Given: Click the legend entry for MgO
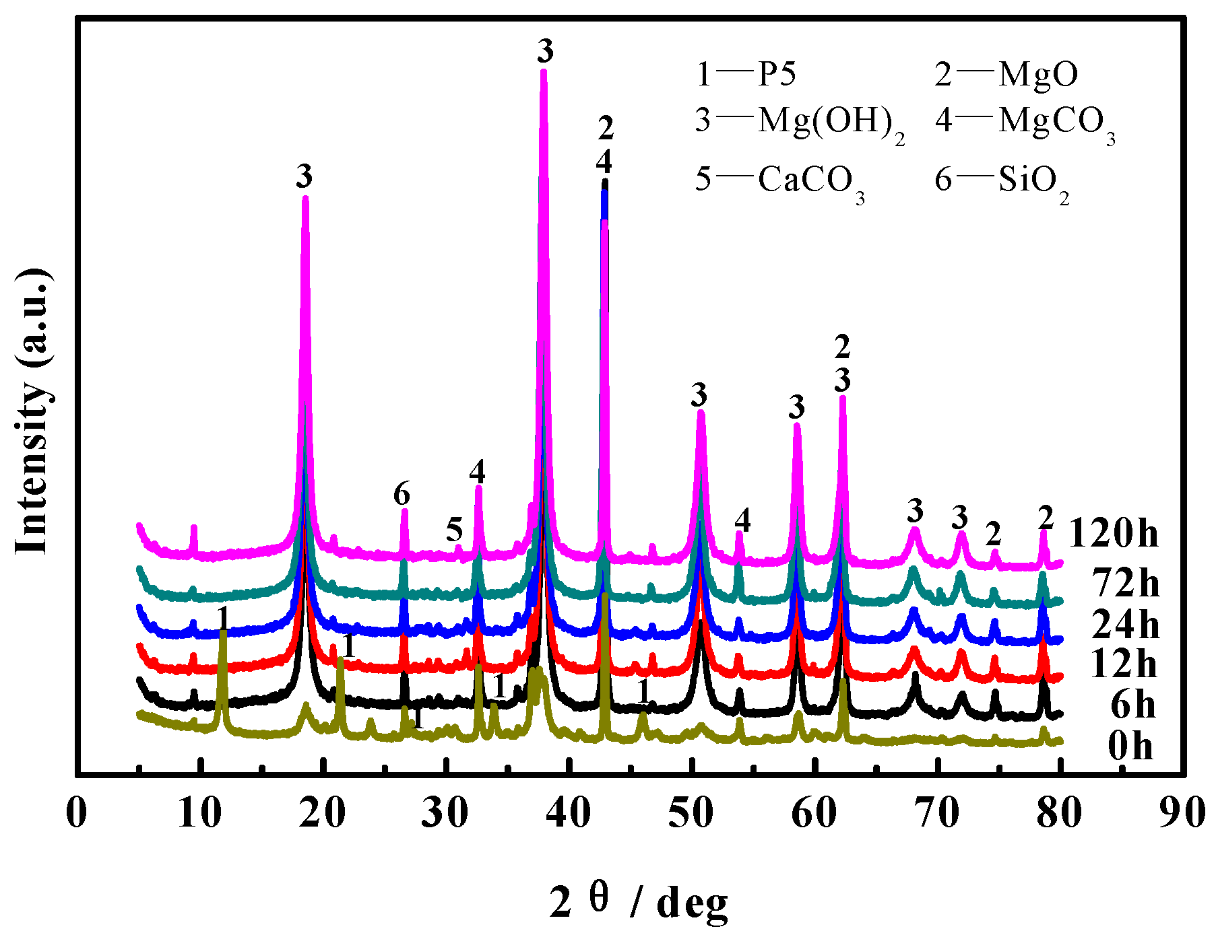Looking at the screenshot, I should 1006,73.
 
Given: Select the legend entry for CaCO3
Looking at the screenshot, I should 779,181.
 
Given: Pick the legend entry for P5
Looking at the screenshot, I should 746,73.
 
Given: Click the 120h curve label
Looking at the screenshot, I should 1113,534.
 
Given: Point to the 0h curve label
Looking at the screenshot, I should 1130,746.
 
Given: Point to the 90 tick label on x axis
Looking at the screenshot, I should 1184,813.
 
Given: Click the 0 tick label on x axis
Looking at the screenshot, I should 77,813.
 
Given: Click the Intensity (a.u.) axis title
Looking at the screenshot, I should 33,411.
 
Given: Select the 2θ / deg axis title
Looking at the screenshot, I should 638,903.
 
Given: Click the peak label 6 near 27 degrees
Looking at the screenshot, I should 402,495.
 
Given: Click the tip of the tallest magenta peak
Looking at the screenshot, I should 544,71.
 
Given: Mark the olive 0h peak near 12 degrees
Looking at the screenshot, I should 222,633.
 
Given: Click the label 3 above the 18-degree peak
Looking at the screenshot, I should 305,177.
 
